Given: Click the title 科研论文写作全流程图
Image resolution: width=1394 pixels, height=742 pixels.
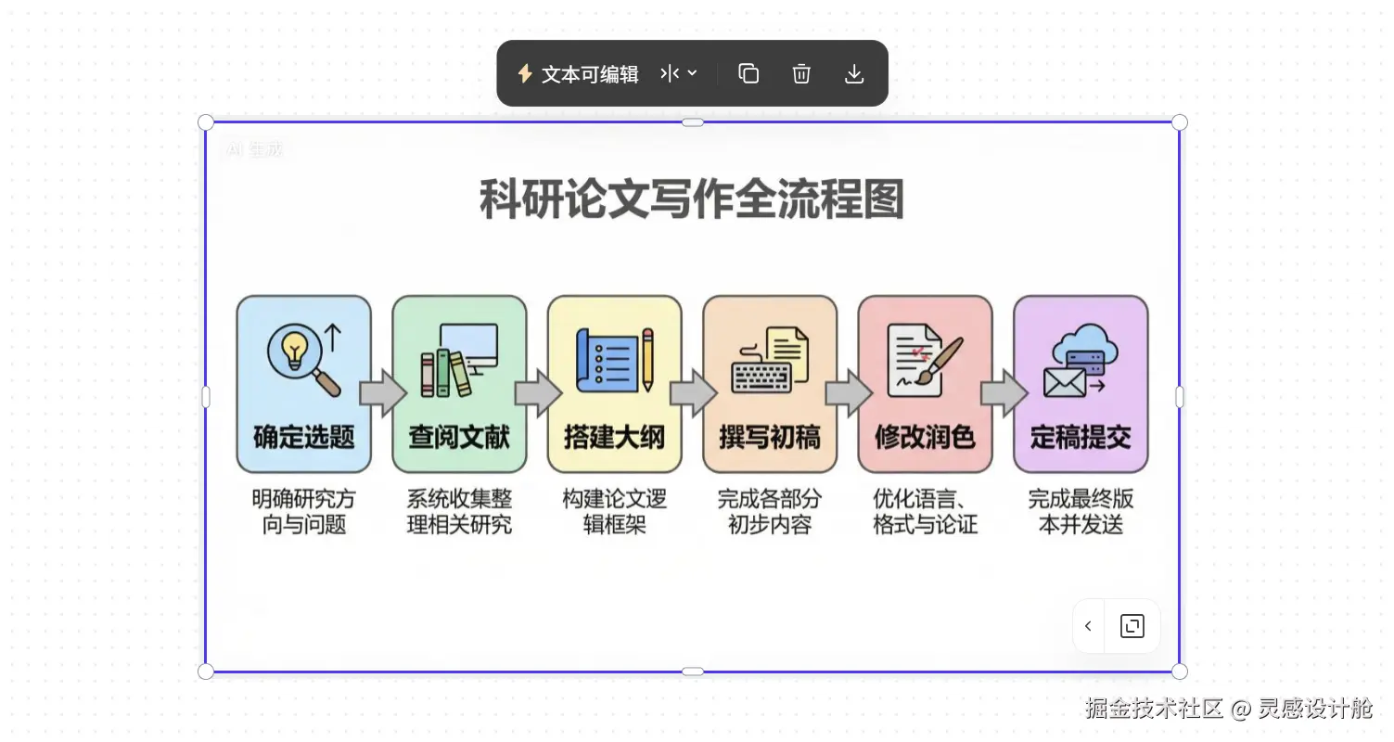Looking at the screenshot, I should tap(692, 199).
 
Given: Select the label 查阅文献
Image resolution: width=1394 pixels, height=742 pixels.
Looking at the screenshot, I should tap(459, 437).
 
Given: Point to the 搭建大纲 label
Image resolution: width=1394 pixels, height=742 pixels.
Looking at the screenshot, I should tap(614, 437).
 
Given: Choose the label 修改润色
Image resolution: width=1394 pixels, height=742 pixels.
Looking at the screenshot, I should tap(925, 437).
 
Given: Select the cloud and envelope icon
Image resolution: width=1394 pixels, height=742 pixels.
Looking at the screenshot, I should tap(1081, 360).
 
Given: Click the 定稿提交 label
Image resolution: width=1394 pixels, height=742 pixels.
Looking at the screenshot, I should tap(1081, 437).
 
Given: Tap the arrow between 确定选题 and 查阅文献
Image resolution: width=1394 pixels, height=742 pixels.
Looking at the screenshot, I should tap(382, 394).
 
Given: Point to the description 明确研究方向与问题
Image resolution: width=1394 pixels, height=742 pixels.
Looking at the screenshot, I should tap(303, 512).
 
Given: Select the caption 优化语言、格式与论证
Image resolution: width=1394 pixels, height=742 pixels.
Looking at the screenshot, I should tap(925, 512).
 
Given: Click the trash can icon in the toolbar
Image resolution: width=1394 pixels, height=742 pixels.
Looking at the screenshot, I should tap(801, 74).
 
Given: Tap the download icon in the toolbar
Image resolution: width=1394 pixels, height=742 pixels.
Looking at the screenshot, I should tap(854, 74).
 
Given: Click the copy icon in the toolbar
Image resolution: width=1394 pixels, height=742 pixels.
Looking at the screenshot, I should tap(748, 74).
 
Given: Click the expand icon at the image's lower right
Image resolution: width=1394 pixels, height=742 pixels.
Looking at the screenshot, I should tap(1132, 626).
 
